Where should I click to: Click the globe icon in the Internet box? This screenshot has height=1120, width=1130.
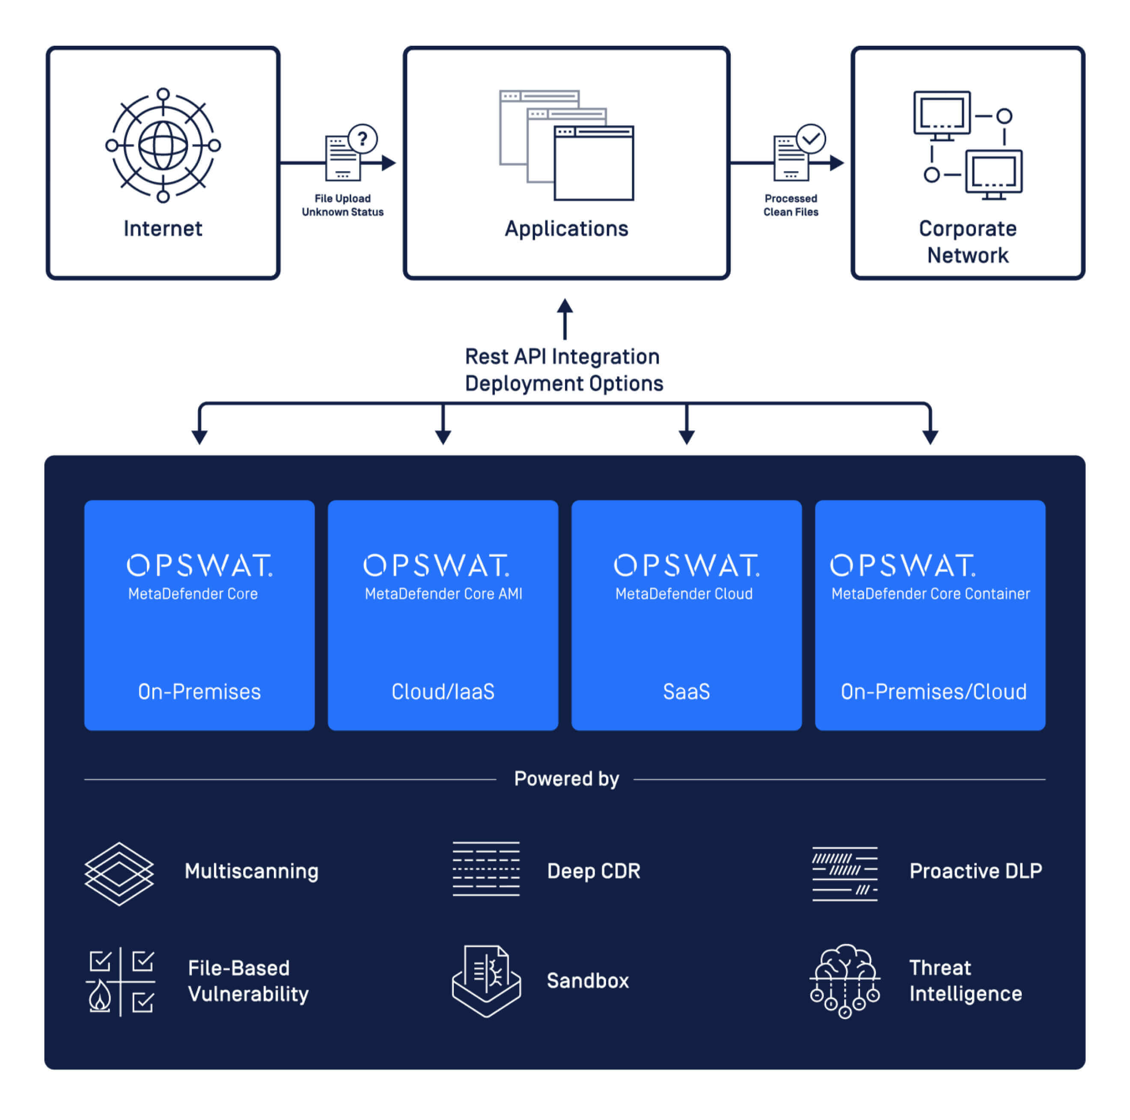[163, 145]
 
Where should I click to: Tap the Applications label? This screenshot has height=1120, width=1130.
[566, 229]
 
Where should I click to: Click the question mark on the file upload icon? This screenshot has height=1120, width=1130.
[363, 139]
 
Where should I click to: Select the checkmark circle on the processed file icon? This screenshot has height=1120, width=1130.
[811, 139]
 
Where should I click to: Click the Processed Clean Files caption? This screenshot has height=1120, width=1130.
[790, 205]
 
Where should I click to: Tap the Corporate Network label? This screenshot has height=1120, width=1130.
[967, 241]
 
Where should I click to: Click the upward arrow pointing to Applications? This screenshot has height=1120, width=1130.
[565, 319]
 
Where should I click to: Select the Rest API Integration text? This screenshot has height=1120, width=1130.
[562, 356]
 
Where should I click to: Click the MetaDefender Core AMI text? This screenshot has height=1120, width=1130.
[443, 594]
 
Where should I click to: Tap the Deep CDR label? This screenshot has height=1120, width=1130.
[593, 871]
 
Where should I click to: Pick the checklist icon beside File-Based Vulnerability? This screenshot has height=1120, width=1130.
[120, 981]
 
